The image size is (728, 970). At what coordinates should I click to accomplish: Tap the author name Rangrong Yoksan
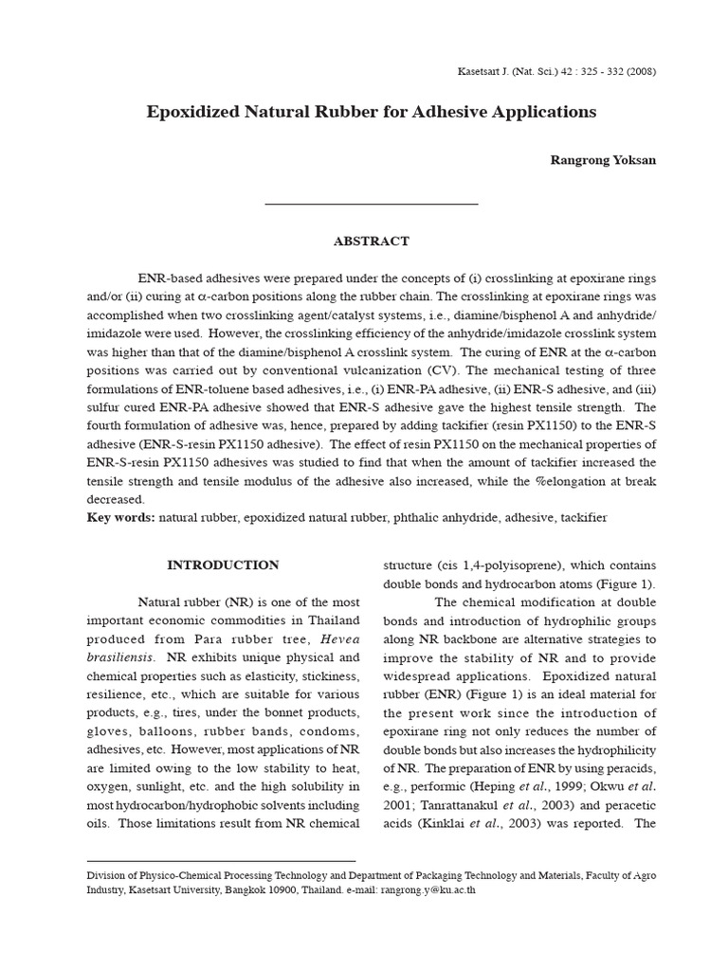point(603,160)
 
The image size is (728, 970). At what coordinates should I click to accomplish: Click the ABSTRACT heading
point(372,242)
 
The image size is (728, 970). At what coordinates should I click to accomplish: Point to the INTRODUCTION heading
point(224,566)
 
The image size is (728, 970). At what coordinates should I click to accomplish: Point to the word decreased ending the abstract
point(116,499)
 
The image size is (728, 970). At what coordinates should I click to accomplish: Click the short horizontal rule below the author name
point(372,204)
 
